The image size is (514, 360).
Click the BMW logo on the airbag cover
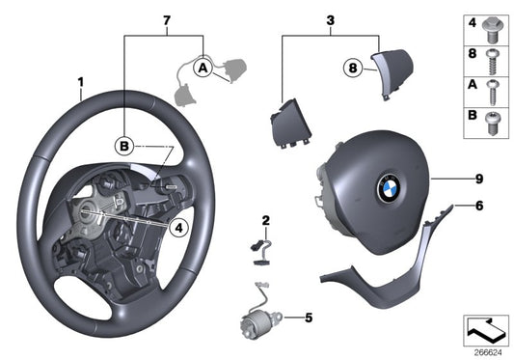[x=388, y=185]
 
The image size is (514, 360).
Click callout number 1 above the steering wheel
[x=82, y=82]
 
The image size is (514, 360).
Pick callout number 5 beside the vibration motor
[x=308, y=316]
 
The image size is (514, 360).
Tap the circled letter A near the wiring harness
[x=203, y=68]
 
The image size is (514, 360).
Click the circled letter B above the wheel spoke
[x=124, y=147]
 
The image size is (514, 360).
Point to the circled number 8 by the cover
[x=354, y=68]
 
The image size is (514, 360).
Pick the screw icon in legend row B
[x=493, y=121]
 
